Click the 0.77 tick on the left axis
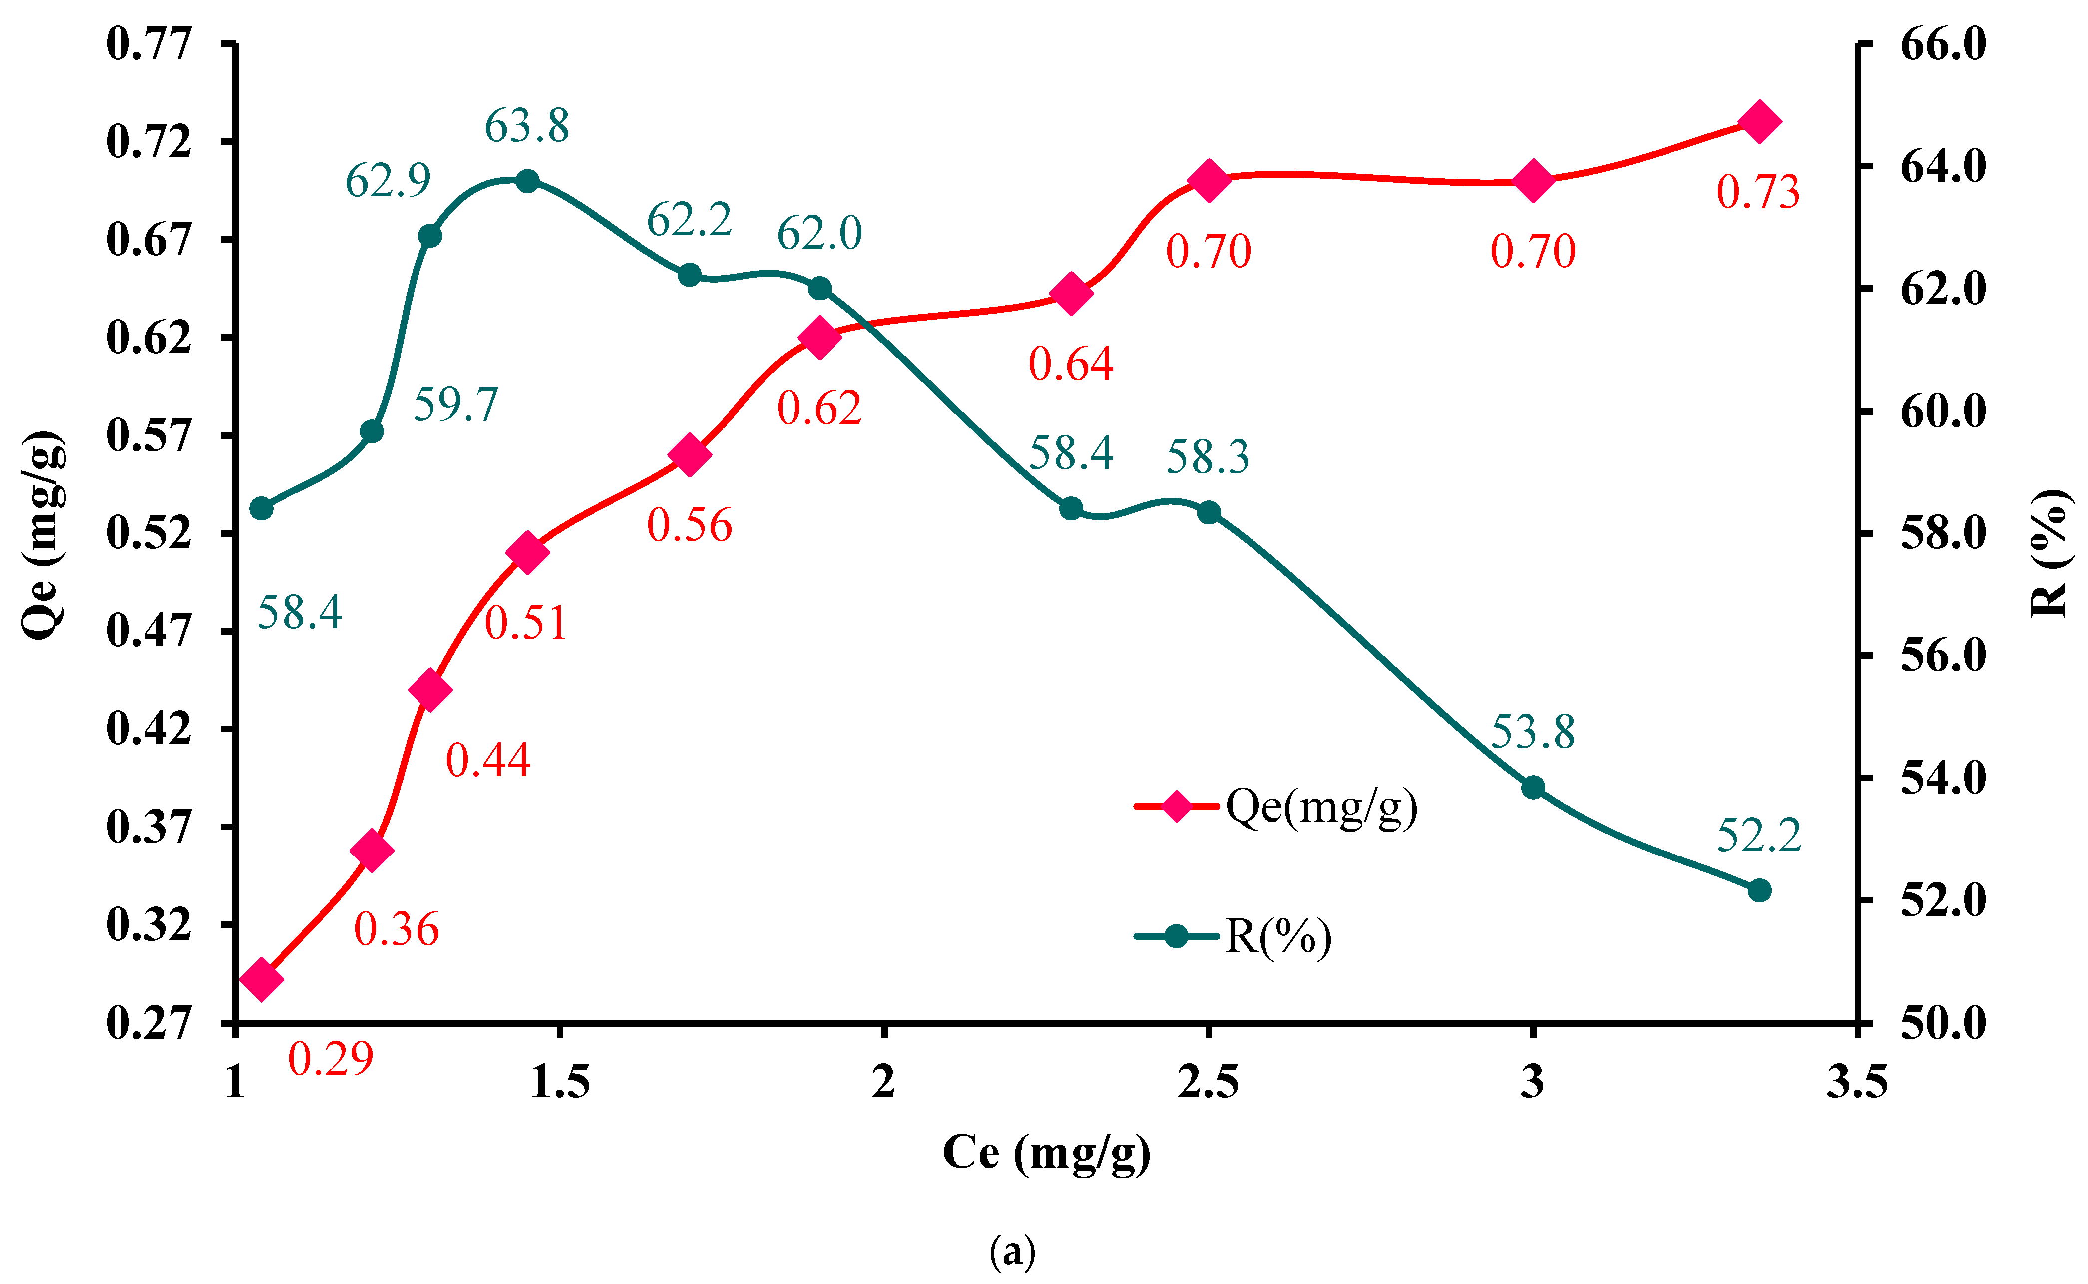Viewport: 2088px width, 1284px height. (x=149, y=44)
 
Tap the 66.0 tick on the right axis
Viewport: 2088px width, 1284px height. (x=1943, y=44)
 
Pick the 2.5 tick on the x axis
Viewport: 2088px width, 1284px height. (x=1208, y=1082)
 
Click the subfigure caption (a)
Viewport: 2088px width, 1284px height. (x=1012, y=1250)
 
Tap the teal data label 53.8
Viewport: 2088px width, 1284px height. (x=1533, y=732)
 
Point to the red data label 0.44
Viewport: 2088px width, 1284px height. (x=488, y=760)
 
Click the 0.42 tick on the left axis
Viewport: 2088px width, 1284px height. (x=149, y=729)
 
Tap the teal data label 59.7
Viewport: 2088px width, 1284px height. (x=456, y=404)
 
